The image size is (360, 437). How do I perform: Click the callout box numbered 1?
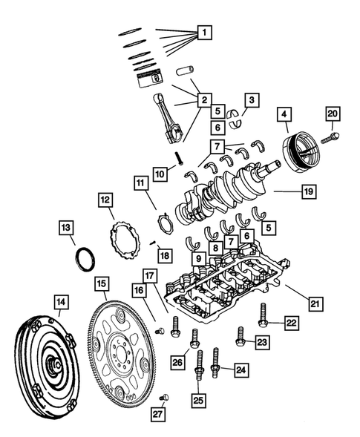coord(203,33)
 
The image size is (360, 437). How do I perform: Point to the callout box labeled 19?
coord(309,191)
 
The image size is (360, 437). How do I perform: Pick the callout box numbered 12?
coord(106,200)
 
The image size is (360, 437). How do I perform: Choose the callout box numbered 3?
coord(252,99)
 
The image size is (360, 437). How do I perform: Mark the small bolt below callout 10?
coord(180,157)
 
